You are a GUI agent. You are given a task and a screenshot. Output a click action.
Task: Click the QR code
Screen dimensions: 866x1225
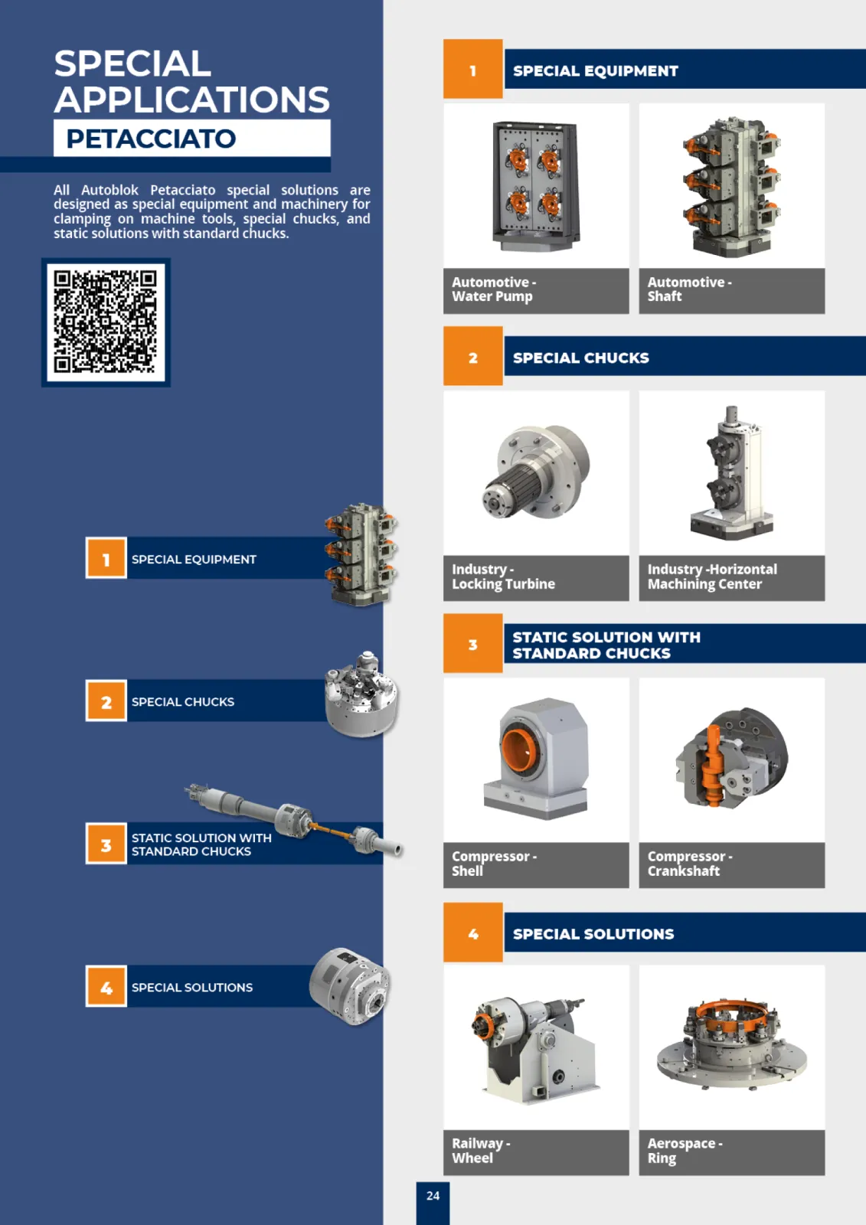(x=106, y=322)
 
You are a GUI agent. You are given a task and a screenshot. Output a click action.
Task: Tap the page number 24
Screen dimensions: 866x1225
(x=433, y=1196)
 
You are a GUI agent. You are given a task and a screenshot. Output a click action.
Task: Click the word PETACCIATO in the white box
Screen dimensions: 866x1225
(x=151, y=139)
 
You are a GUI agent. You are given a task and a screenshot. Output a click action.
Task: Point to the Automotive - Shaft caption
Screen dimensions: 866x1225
(x=689, y=289)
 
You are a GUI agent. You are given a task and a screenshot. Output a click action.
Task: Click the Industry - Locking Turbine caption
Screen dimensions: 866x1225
(x=503, y=577)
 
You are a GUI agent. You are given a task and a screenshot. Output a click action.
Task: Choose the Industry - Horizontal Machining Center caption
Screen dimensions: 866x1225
(x=712, y=577)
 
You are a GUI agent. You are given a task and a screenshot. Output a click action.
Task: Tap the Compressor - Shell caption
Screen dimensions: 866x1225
(x=494, y=864)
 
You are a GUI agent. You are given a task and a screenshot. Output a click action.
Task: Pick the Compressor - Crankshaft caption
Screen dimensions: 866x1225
(x=690, y=864)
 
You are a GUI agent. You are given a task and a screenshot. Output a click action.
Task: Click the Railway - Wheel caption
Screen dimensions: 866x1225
(x=481, y=1151)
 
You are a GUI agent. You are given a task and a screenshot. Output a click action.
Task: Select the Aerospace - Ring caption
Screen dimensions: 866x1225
(x=685, y=1151)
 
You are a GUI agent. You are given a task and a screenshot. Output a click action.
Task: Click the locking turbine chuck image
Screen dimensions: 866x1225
(x=535, y=472)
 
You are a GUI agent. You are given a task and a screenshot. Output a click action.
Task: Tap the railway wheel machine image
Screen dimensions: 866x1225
(x=536, y=1049)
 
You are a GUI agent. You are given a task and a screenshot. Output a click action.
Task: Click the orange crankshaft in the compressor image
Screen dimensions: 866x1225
(x=714, y=765)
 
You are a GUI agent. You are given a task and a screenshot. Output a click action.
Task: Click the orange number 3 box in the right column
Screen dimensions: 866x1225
(x=472, y=643)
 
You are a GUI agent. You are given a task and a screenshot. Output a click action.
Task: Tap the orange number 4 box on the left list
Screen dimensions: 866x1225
(x=106, y=987)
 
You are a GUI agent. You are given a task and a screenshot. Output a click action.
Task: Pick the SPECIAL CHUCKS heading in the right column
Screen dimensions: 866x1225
(x=581, y=358)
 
